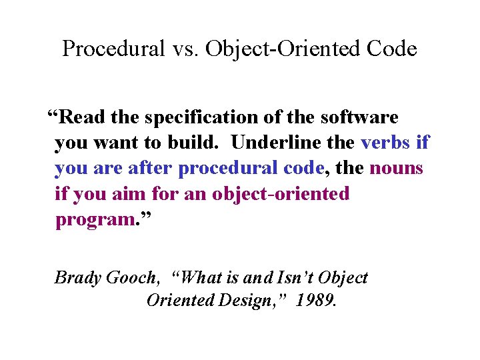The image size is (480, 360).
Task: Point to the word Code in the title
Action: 393,49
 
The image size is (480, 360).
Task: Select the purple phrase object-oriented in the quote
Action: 281,193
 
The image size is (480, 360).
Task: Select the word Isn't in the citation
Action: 288,277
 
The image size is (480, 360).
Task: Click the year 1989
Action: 317,301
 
